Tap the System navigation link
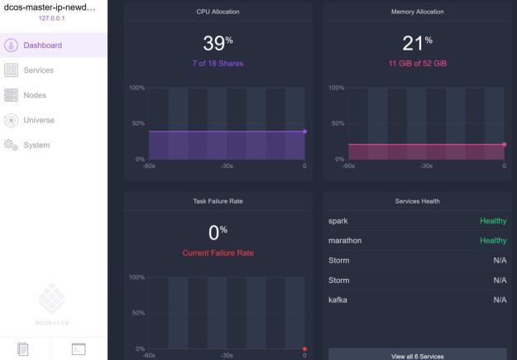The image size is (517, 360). click(x=38, y=145)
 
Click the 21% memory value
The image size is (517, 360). click(x=416, y=44)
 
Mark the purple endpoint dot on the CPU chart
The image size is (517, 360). click(x=304, y=131)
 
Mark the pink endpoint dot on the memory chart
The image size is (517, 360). click(x=504, y=144)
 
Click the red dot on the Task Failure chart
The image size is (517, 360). click(x=304, y=348)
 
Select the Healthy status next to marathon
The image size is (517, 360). click(x=492, y=241)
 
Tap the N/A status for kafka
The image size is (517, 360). click(x=498, y=299)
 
